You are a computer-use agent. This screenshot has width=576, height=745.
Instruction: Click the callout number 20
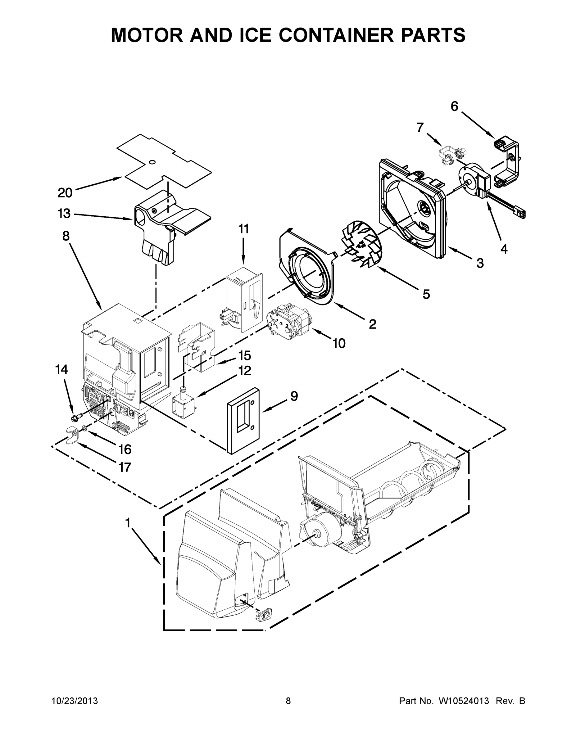[x=65, y=193]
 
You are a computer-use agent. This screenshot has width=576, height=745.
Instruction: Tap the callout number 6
[x=454, y=106]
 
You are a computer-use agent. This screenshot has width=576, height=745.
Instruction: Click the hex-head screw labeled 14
[x=77, y=417]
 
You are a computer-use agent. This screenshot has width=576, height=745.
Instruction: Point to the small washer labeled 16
[x=84, y=428]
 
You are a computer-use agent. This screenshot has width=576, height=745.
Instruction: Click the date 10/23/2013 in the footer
[x=75, y=701]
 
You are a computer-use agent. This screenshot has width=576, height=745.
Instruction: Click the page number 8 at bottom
[x=288, y=701]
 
